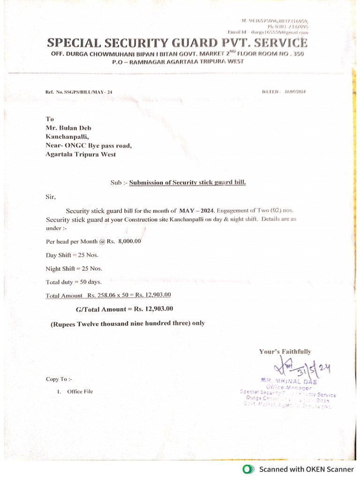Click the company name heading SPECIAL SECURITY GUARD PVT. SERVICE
(177, 43)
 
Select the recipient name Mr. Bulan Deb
(65, 128)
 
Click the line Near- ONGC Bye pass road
(89, 145)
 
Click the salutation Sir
(51, 197)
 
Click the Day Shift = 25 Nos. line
(72, 255)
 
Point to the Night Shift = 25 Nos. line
(74, 269)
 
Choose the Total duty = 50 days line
(73, 282)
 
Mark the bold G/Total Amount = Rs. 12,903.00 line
(124, 309)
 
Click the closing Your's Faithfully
(285, 352)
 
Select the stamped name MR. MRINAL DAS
(288, 382)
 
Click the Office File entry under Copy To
(80, 391)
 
